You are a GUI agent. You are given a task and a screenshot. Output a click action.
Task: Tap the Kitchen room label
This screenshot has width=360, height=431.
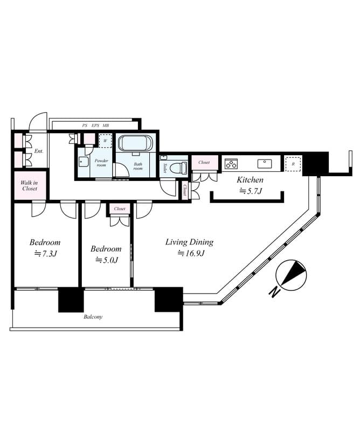coord(251,179)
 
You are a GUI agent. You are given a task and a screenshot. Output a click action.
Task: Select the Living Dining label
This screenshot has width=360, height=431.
coord(189,242)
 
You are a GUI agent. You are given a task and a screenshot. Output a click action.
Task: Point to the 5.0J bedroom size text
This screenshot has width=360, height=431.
coord(106,260)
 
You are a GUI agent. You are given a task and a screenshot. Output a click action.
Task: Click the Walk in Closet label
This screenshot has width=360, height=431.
coord(29,186)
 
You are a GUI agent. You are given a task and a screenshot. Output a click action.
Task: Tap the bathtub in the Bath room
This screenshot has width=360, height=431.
coord(135,143)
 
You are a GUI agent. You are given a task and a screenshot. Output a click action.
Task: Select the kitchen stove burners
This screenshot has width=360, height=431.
coord(232,163)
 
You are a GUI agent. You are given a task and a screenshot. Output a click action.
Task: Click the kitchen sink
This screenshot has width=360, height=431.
coord(264,163)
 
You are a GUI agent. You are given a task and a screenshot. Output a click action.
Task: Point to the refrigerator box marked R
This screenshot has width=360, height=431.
coord(293,164)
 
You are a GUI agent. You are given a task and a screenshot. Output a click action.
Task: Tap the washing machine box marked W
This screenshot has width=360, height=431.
coord(106,141)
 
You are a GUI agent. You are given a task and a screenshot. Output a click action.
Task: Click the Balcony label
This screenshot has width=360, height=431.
coord(93,317)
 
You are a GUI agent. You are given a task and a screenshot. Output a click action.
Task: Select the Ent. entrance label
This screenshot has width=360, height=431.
coord(39,151)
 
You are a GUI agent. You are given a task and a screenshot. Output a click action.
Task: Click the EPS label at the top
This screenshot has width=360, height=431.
coord(95,126)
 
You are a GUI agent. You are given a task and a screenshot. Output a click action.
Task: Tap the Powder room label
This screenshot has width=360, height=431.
coord(101,163)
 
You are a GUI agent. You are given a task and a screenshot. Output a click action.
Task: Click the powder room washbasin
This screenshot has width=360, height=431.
coord(84,162)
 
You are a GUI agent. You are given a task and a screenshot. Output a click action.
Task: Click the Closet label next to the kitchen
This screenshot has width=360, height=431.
coord(204,162)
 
